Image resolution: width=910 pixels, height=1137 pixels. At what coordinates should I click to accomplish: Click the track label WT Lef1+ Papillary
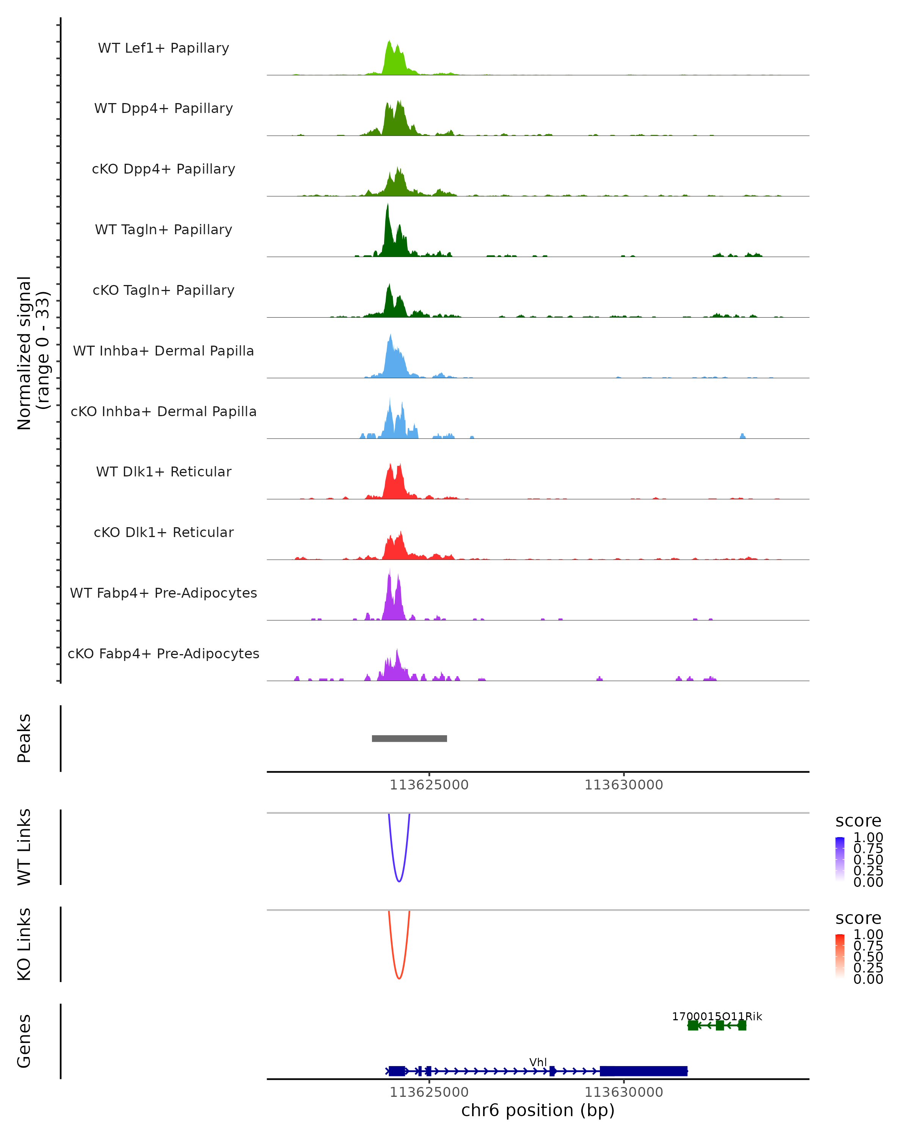pyautogui.click(x=163, y=48)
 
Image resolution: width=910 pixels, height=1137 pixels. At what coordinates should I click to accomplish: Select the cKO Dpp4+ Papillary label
pyautogui.click(x=163, y=169)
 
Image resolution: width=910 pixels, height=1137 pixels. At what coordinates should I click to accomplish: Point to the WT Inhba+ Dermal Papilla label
pyautogui.click(x=163, y=351)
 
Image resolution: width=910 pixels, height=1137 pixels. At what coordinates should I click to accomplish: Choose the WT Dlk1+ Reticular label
pyautogui.click(x=163, y=472)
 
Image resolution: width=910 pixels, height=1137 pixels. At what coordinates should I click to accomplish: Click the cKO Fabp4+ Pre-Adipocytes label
pyautogui.click(x=163, y=654)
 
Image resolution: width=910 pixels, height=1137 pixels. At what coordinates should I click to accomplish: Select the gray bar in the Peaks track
pyautogui.click(x=409, y=739)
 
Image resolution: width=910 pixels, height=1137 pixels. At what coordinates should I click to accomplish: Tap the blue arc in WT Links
pyautogui.click(x=399, y=875)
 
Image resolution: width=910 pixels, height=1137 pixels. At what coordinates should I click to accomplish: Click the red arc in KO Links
pyautogui.click(x=399, y=973)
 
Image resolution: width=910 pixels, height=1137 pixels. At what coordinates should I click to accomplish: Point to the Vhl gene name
pyautogui.click(x=538, y=1062)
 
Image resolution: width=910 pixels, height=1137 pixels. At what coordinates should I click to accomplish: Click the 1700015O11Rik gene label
pyautogui.click(x=717, y=1016)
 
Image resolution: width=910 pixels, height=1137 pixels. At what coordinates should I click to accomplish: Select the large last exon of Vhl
pyautogui.click(x=643, y=1071)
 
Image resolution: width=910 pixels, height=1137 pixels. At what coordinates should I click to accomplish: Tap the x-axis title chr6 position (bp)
pyautogui.click(x=538, y=1110)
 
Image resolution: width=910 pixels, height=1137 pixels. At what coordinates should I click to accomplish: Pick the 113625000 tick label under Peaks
pyautogui.click(x=429, y=785)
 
